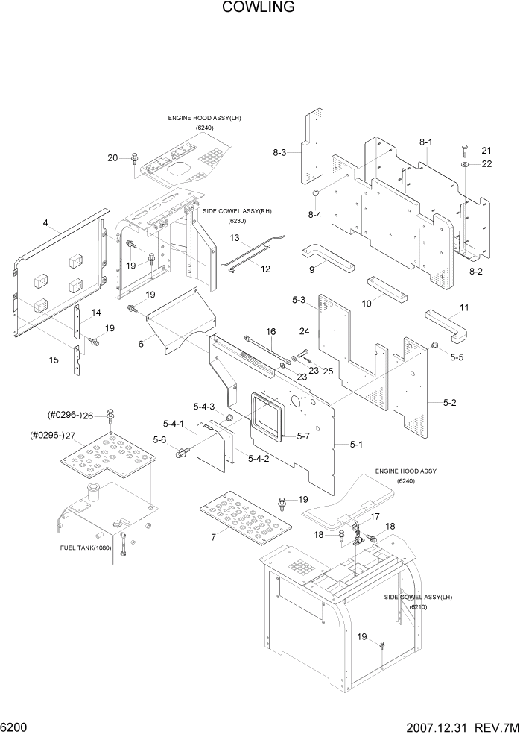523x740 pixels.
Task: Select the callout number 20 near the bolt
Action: pos(112,157)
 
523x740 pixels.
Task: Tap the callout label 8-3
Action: pos(279,152)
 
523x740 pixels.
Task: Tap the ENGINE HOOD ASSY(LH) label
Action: pos(204,118)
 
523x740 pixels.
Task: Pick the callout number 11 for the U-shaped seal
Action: pos(464,307)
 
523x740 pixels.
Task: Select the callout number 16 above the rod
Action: pos(270,331)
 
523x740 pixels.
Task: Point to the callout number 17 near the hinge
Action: pos(375,515)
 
